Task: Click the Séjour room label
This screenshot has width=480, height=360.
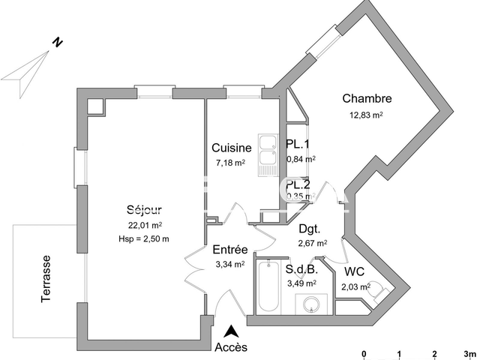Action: pos(145,210)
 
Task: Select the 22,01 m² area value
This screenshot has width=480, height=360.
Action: pos(145,224)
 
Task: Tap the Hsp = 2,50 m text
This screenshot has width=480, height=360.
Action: pos(145,238)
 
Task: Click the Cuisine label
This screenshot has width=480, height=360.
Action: pos(231,148)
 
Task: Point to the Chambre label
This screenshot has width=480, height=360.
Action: pos(367,99)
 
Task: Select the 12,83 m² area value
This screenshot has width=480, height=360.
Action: pos(366,115)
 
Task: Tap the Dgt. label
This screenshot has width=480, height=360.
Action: pos(310,229)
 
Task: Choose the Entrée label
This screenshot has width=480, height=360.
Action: pos(229,250)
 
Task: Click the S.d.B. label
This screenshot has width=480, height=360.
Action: pos(301,269)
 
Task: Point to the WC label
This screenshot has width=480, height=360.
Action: pos(355,272)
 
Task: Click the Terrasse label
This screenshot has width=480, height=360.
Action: pos(46,278)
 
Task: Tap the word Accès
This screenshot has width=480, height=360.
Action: pos(231,347)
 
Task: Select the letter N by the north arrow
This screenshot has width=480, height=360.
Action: pos(56,43)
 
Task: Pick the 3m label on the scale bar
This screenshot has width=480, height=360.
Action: pos(469,353)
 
